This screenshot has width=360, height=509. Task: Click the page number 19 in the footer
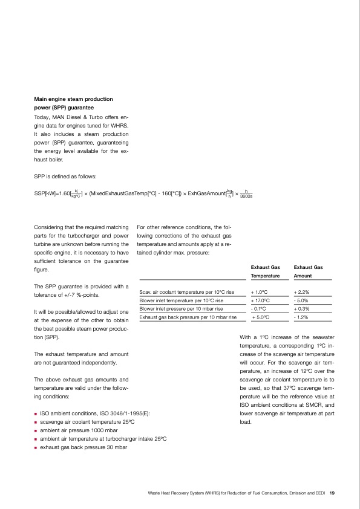[x=332, y=493]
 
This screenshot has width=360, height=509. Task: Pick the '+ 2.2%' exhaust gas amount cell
[x=301, y=291]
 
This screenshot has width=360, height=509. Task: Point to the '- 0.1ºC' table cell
[x=259, y=308]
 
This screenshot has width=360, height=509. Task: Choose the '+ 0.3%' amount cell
[x=301, y=308]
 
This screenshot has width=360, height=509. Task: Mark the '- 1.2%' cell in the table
[x=301, y=316]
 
